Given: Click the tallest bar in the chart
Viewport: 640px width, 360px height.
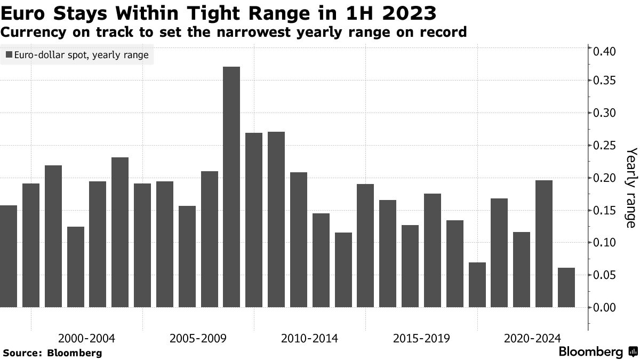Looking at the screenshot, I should pyautogui.click(x=231, y=187).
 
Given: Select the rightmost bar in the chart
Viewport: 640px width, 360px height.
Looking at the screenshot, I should pyautogui.click(x=566, y=287).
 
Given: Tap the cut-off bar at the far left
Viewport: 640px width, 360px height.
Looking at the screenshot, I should pyautogui.click(x=8, y=256).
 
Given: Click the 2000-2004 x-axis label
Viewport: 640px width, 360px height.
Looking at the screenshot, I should pyautogui.click(x=86, y=339).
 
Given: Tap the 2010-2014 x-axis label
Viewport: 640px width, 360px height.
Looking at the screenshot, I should pyautogui.click(x=309, y=339).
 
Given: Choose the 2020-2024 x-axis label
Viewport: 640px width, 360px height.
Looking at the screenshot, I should pyautogui.click(x=532, y=339).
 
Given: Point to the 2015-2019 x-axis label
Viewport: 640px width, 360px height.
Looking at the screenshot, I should pyautogui.click(x=421, y=339).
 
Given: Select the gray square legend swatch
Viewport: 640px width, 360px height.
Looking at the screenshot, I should pyautogui.click(x=9, y=55).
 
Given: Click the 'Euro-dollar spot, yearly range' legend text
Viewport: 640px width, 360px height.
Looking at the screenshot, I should pyautogui.click(x=82, y=55).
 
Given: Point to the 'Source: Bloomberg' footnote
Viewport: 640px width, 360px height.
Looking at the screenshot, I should pyautogui.click(x=52, y=353).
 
